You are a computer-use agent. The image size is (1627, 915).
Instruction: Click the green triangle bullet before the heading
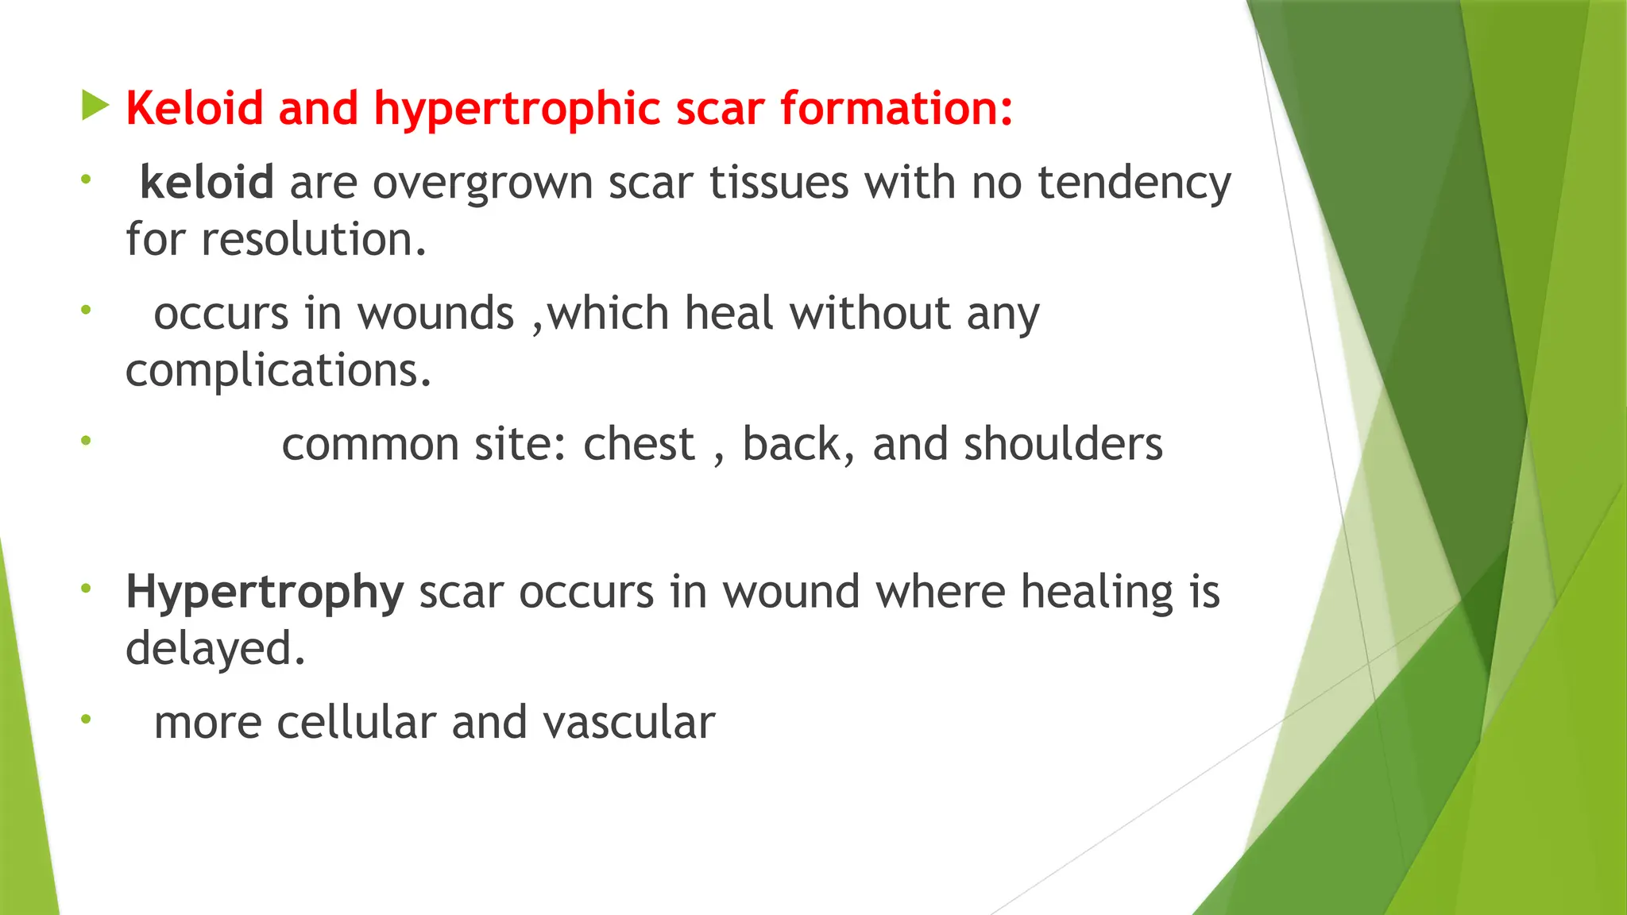pyautogui.click(x=95, y=106)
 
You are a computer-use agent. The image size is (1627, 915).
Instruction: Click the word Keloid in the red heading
pyautogui.click(x=195, y=108)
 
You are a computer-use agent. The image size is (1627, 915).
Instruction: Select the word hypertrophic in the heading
pyautogui.click(x=517, y=110)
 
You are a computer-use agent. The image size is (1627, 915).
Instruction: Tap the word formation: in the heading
pyautogui.click(x=896, y=108)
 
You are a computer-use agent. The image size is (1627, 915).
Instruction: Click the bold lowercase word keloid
pyautogui.click(x=207, y=183)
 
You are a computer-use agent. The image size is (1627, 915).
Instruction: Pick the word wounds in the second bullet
pyautogui.click(x=435, y=314)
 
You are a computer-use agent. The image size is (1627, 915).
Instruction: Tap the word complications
pyautogui.click(x=278, y=371)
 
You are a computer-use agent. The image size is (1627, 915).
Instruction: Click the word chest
pyautogui.click(x=639, y=444)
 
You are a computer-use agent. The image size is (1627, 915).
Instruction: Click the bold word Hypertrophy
pyautogui.click(x=265, y=593)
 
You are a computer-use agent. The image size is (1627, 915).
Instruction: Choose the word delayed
pyautogui.click(x=214, y=649)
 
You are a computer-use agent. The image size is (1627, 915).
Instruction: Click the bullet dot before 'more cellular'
pyautogui.click(x=86, y=720)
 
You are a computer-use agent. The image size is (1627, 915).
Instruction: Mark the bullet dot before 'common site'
pyautogui.click(x=86, y=440)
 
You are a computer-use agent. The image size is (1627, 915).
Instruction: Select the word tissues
pyautogui.click(x=779, y=183)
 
